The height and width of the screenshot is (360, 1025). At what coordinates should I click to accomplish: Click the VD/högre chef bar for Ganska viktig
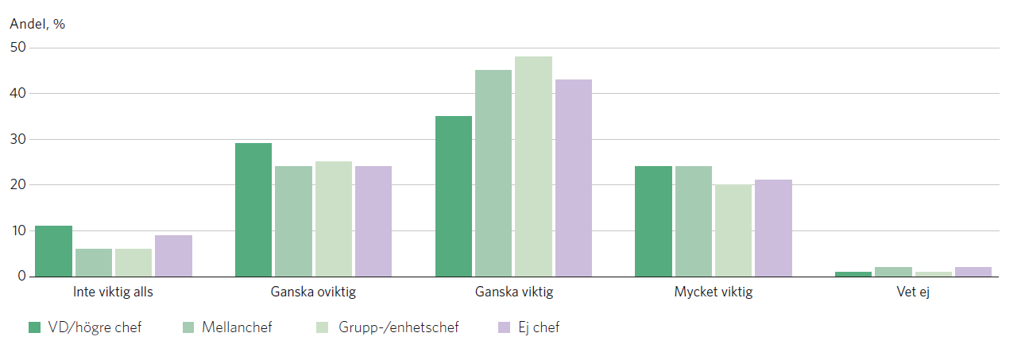point(454,196)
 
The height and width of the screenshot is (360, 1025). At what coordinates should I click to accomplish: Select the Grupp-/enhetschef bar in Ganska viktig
point(533,167)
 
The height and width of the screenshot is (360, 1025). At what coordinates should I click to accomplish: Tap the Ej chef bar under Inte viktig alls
point(173,256)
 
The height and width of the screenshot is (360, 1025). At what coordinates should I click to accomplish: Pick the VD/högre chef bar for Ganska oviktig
point(253,210)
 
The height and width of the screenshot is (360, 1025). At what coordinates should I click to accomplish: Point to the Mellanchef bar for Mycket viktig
point(694,221)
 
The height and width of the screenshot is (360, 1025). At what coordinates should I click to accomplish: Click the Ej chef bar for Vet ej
point(973,272)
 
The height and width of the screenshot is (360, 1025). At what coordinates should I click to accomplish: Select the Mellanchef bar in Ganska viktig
point(493,173)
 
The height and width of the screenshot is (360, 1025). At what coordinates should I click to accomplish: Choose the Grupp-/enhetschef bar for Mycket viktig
point(733,230)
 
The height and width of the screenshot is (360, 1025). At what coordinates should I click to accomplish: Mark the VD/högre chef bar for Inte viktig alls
point(53,251)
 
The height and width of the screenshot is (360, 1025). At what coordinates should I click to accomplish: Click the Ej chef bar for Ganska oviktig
point(373,221)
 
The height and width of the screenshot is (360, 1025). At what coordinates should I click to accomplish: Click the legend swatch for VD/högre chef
point(34,327)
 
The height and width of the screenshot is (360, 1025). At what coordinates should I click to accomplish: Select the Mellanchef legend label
point(237,327)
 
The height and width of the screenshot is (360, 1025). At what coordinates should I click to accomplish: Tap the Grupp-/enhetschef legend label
point(398,327)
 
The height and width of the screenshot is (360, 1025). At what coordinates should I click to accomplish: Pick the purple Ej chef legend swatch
point(503,327)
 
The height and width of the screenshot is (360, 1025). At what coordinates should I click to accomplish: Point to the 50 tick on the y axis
point(18,48)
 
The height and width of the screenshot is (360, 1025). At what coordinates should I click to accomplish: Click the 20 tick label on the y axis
point(18,185)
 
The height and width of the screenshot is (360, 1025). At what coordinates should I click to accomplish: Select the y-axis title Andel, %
point(37,24)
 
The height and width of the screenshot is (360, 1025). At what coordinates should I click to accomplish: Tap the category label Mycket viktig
point(713,292)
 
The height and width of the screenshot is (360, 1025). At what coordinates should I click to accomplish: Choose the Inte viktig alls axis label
point(113,292)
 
